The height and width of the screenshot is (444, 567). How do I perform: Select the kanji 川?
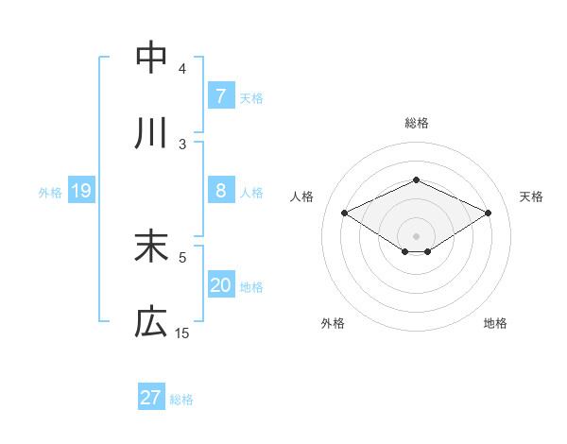pyautogui.click(x=151, y=134)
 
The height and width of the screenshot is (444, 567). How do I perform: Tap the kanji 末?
pyautogui.click(x=151, y=247)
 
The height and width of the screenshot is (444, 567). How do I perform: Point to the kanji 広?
pyautogui.click(x=151, y=324)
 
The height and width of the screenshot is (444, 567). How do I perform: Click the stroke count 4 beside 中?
pyautogui.click(x=182, y=68)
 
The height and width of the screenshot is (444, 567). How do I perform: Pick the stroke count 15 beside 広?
pyautogui.click(x=182, y=333)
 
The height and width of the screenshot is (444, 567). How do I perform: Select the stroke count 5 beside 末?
pyautogui.click(x=182, y=256)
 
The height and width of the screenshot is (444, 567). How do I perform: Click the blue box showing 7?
pyautogui.click(x=220, y=95)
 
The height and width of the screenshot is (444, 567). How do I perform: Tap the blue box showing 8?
pyautogui.click(x=220, y=191)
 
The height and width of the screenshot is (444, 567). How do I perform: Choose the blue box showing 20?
pyautogui.click(x=220, y=286)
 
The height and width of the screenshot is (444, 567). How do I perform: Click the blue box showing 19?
pyautogui.click(x=81, y=192)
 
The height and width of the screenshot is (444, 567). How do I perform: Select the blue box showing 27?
pyautogui.click(x=151, y=398)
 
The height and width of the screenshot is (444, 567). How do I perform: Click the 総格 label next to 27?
pyautogui.click(x=181, y=400)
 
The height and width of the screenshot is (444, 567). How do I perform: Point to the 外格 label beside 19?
pyautogui.click(x=50, y=193)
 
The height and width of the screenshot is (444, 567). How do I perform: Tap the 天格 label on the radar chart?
pyautogui.click(x=531, y=196)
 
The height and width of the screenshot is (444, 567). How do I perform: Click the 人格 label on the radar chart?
pyautogui.click(x=302, y=196)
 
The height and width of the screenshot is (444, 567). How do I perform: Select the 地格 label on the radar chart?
pyautogui.click(x=495, y=323)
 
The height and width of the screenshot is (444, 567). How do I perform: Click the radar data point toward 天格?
pyautogui.click(x=489, y=213)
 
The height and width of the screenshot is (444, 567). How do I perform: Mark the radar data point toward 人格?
pyautogui.click(x=345, y=213)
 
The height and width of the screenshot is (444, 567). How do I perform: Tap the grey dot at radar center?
pyautogui.click(x=416, y=235)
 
